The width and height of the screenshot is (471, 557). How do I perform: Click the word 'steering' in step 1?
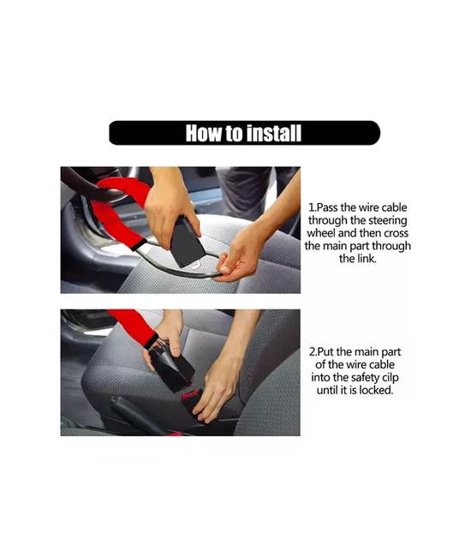click(x=388, y=220)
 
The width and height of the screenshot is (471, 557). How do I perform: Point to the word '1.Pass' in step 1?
click(x=324, y=207)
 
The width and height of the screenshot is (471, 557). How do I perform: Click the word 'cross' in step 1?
click(x=396, y=233)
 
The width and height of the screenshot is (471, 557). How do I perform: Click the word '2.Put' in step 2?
click(x=321, y=352)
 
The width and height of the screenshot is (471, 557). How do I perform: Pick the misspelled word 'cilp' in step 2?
click(x=390, y=378)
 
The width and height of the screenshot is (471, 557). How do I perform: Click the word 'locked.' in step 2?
click(x=376, y=390)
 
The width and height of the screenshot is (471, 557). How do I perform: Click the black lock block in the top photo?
click(x=186, y=242)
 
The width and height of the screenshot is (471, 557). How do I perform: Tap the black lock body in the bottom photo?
click(x=173, y=369)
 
